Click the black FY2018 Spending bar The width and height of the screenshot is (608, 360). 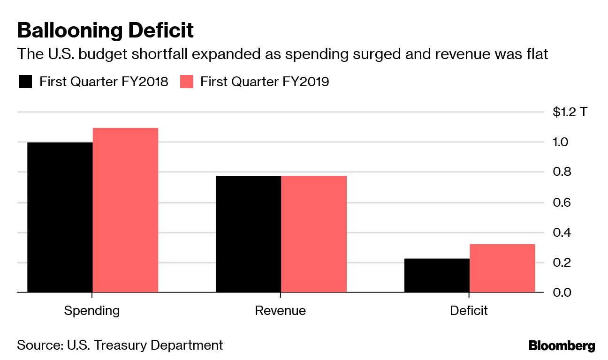60,217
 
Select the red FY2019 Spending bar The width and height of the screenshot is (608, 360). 125,210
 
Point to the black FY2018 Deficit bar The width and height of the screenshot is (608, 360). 437,275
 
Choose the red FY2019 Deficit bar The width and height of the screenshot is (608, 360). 502,268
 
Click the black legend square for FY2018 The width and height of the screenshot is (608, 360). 25,82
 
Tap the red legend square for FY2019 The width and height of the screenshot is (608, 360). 186,82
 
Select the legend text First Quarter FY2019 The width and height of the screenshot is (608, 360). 265,82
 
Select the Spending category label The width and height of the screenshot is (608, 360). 92,311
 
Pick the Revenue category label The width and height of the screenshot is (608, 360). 281,311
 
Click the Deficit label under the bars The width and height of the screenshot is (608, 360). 469,311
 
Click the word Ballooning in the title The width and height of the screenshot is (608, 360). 68,31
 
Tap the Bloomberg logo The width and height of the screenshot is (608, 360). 562,346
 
